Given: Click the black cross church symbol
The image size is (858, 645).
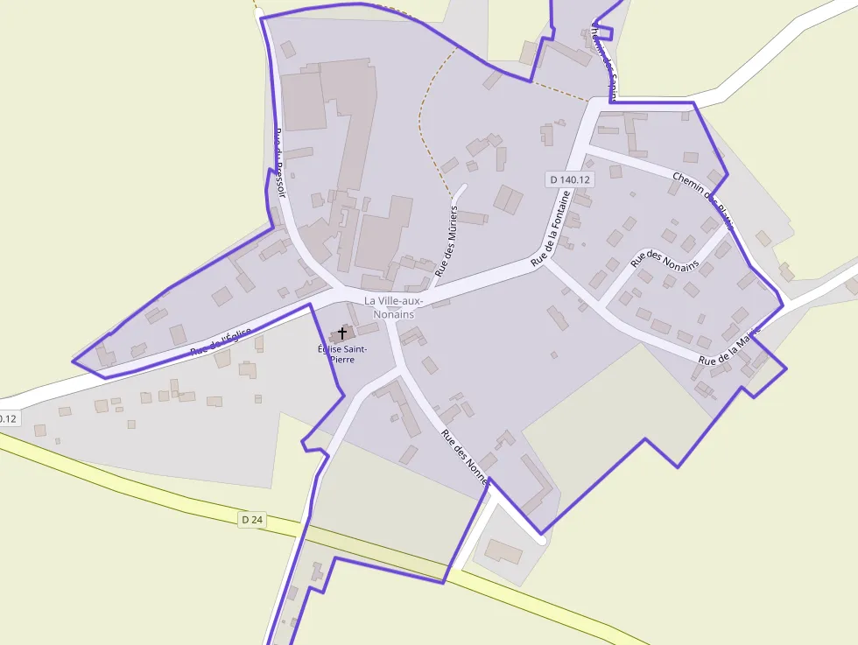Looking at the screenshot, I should [x=341, y=333].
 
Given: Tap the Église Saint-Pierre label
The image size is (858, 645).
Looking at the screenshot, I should [x=342, y=354].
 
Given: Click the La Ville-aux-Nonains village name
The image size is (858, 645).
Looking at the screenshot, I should [x=393, y=307].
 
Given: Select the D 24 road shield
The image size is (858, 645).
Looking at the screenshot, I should [x=251, y=520].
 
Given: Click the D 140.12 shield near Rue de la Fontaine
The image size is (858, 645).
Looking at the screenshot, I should [x=569, y=179].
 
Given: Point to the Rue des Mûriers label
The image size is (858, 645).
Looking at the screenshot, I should [x=447, y=242].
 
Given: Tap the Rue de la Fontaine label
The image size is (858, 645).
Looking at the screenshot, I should [x=556, y=229].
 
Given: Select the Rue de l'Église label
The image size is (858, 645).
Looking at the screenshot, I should [x=222, y=340].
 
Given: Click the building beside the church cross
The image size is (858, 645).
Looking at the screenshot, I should [x=367, y=328].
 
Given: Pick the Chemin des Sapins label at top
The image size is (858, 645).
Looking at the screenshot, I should [x=604, y=61].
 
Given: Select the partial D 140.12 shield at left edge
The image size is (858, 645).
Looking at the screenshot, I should [x=8, y=418].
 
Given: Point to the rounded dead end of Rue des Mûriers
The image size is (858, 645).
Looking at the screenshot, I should [x=461, y=186].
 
